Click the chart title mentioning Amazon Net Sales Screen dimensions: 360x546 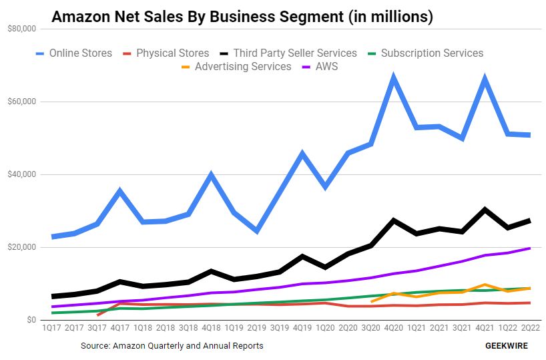tap(242, 17)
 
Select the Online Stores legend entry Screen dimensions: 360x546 tap(73, 53)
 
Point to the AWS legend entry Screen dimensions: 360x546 tap(322, 67)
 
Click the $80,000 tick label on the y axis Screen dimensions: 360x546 tap(22, 29)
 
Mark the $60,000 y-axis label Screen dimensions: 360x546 tap(22, 102)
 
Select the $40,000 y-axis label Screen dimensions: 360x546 tap(22, 175)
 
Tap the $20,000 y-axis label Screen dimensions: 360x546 tap(22, 248)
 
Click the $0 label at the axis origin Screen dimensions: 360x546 tap(31, 321)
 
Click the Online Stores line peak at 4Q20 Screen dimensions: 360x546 tap(394, 78)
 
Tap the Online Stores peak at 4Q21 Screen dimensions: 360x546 tap(485, 79)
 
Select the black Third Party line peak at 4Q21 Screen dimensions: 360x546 tap(485, 210)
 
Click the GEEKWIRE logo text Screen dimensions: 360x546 tap(506, 346)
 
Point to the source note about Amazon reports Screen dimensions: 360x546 tap(172, 346)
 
